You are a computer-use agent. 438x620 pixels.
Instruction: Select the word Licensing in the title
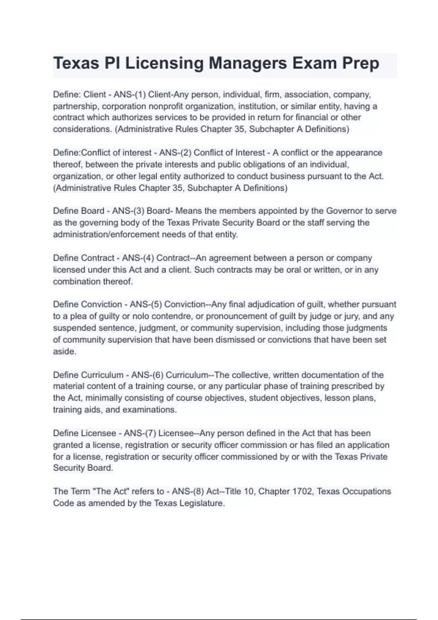point(164,63)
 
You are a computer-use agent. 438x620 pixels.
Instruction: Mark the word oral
point(292,270)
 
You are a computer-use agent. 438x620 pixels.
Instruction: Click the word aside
point(65,352)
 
